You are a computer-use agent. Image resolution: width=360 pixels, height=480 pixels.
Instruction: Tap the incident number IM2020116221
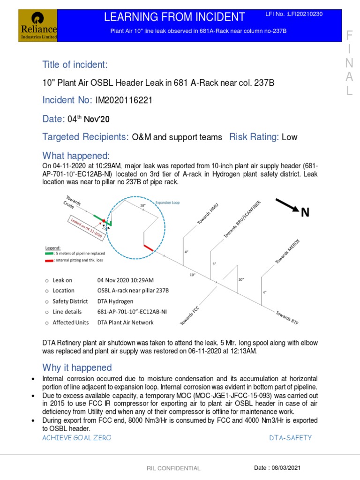(x=124, y=100)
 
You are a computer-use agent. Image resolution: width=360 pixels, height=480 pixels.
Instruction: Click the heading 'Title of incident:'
(x=75, y=64)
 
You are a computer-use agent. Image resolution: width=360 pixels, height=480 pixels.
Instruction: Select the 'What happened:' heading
(x=76, y=156)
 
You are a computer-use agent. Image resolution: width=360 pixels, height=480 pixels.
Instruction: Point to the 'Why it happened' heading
(x=77, y=367)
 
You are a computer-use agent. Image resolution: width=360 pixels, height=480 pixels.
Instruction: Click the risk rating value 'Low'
(x=289, y=137)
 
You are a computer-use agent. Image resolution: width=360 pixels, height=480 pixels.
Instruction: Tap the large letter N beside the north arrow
(x=305, y=213)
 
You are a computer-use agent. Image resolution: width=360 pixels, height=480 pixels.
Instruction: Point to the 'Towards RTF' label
(x=287, y=317)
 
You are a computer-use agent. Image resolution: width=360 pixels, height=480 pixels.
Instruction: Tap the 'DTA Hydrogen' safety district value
(x=115, y=301)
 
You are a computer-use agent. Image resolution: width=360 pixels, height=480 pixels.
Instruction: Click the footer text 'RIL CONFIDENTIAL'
(x=173, y=468)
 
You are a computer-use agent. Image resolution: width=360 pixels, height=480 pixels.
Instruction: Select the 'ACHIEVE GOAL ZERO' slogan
(x=77, y=437)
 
